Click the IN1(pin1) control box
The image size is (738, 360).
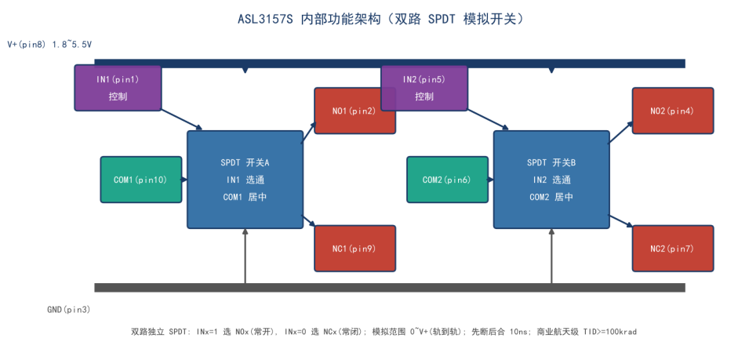tap(118, 88)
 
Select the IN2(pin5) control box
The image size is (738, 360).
tap(424, 88)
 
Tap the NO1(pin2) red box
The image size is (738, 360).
tap(354, 111)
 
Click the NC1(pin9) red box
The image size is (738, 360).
tap(354, 249)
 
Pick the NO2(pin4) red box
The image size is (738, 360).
tap(673, 111)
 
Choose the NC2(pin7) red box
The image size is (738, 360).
tap(673, 249)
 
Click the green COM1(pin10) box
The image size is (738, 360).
tap(141, 180)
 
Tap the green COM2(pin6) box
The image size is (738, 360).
tap(447, 180)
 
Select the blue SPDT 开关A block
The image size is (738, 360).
tap(245, 180)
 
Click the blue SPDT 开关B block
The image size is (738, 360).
tap(551, 180)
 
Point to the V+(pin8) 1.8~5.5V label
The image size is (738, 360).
tap(49, 45)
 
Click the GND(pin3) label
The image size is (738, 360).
tap(69, 310)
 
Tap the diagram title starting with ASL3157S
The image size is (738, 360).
tap(381, 20)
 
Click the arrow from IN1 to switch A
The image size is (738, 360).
tap(182, 119)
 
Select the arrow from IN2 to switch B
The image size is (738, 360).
tap(488, 119)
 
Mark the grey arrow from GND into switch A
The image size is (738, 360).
tap(245, 256)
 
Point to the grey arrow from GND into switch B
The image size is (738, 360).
tap(551, 256)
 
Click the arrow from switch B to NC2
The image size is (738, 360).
tap(621, 222)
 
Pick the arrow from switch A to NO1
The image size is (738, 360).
tap(308, 132)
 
